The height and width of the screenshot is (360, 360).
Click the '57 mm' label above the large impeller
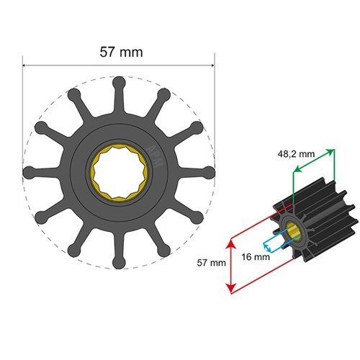pos(120,52)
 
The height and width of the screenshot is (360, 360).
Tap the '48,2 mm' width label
pos(294,153)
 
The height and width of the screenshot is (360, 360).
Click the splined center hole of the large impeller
pos(120,173)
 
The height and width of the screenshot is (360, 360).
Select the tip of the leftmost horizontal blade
pos(30,173)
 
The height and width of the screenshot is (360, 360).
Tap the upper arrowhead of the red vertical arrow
pos(230,245)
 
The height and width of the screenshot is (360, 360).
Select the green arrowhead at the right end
pos(332,150)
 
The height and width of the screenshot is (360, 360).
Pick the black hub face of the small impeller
pos(286,226)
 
